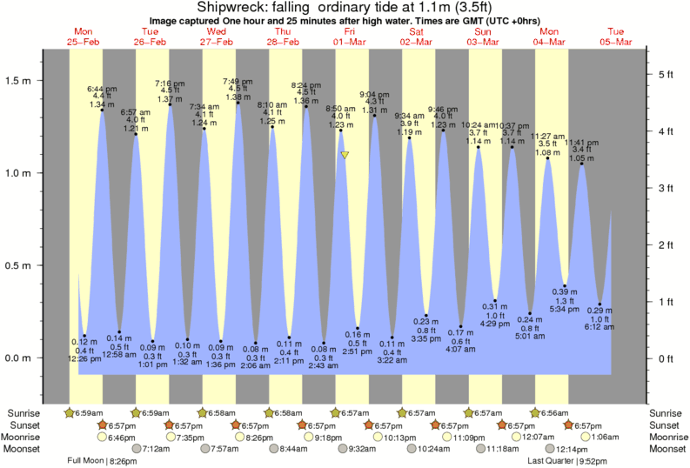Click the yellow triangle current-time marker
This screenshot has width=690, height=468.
point(345,156)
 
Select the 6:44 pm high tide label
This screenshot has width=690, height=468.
point(102,97)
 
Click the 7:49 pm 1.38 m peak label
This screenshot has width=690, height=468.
point(238,89)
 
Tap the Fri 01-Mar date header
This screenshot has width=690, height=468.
point(349,36)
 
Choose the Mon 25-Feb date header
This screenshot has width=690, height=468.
point(84,36)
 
